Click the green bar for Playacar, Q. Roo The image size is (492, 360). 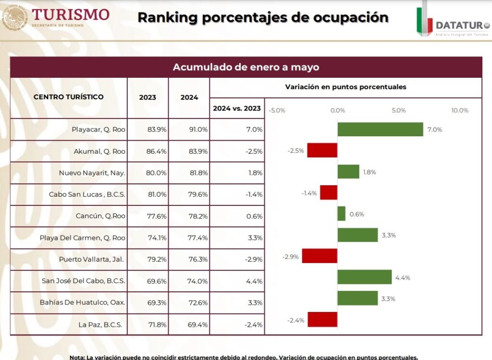380,129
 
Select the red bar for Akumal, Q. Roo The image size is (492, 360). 322,150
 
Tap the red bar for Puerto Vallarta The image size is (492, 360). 320,256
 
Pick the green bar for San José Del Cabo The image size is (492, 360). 364,277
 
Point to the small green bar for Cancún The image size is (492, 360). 341,214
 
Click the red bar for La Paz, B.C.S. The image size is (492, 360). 322,319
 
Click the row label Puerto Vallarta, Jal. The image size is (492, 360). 91,259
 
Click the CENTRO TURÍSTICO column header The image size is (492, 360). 68,96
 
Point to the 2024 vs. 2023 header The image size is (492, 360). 236,108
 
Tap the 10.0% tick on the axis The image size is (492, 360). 459,110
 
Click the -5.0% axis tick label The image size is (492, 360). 277,110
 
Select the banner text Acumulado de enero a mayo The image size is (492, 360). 246,67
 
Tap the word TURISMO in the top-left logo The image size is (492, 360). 71,14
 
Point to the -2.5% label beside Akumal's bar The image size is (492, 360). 295,151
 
